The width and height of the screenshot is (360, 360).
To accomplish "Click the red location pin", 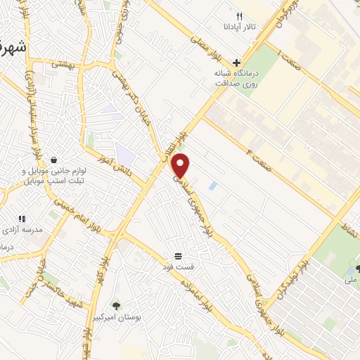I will (x=181, y=166).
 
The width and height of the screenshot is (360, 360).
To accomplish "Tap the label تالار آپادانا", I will (x=240, y=29).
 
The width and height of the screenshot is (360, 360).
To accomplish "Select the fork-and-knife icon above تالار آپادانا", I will (x=239, y=16).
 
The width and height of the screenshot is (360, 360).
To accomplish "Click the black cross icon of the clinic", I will (x=236, y=62).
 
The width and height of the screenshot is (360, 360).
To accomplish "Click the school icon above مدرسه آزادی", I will (x=22, y=219).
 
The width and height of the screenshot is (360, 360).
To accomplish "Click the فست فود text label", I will (x=179, y=268).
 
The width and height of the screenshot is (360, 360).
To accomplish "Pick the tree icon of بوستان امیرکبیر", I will (x=116, y=305).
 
